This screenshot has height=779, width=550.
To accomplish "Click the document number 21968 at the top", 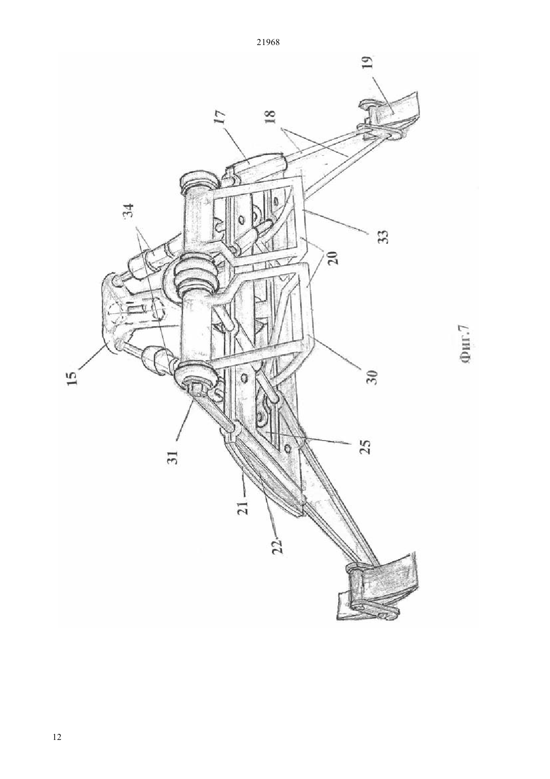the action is [267, 43].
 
